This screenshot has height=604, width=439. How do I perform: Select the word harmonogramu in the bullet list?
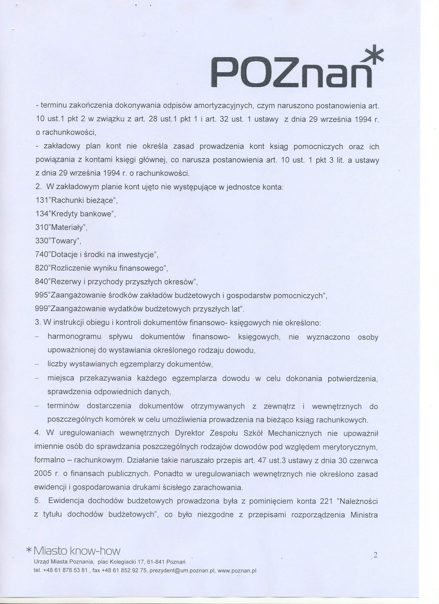pos(74,337)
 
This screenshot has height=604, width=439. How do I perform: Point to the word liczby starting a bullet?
pos(57,364)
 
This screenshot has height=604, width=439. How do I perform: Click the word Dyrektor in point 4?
pos(189,433)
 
